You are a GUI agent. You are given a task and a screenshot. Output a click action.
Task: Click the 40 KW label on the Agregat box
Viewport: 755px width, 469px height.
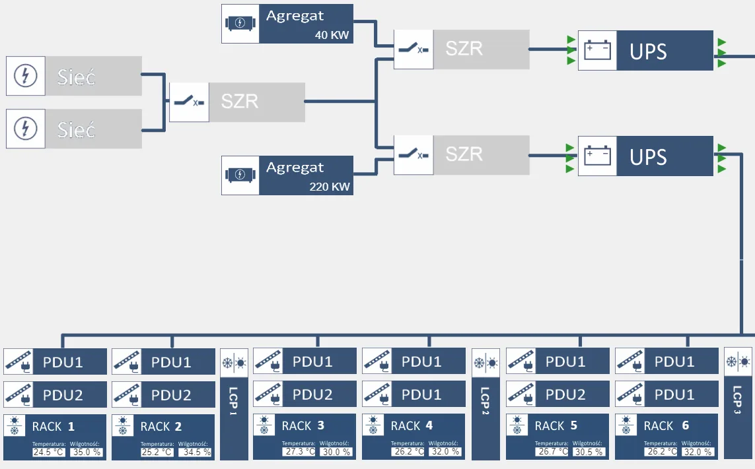(332, 35)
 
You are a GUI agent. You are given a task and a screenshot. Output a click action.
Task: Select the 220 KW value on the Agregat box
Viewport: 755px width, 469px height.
(329, 187)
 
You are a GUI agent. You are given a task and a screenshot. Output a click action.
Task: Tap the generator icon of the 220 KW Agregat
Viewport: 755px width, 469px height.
(240, 175)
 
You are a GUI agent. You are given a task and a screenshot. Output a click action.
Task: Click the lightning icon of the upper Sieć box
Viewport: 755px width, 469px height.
(26, 76)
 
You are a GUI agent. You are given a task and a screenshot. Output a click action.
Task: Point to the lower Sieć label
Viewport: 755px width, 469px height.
(76, 130)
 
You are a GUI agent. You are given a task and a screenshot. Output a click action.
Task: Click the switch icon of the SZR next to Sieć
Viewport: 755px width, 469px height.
(189, 102)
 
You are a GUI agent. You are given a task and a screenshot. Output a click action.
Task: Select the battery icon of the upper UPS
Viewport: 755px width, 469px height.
(597, 51)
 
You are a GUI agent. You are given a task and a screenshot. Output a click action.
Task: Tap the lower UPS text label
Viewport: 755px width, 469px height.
(648, 158)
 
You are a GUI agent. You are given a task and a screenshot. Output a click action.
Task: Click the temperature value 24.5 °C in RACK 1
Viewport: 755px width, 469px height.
(49, 453)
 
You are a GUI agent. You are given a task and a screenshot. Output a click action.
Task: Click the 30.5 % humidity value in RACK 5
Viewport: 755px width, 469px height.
(589, 453)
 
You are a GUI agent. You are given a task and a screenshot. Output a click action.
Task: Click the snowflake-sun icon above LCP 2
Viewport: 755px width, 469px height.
(485, 362)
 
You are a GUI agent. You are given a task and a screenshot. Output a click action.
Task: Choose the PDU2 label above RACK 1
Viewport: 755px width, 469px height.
(63, 395)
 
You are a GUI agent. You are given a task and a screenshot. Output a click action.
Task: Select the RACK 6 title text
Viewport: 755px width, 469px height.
(667, 426)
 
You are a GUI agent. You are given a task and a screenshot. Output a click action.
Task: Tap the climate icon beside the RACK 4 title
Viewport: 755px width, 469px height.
(373, 425)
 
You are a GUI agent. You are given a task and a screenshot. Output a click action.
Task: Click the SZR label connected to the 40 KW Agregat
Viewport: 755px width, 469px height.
(464, 49)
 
